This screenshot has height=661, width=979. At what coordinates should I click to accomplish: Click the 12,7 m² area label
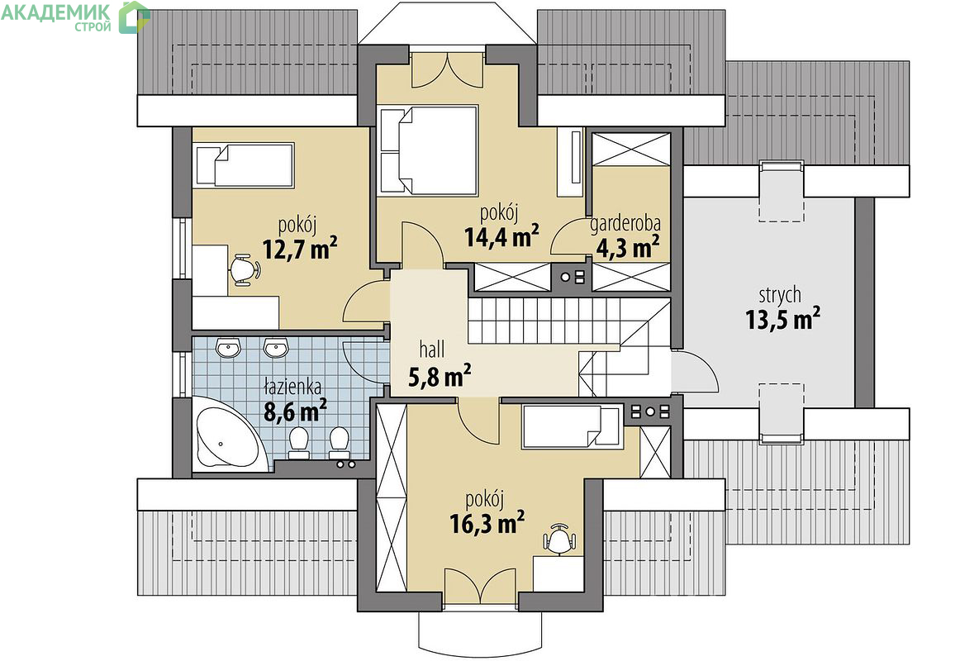coord(300,249)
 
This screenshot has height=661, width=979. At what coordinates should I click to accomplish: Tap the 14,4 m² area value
coord(502,236)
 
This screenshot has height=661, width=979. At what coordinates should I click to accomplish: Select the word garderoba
coord(625,224)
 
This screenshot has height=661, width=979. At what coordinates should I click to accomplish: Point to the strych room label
coord(780,295)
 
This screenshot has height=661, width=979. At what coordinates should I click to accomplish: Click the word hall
coord(432,349)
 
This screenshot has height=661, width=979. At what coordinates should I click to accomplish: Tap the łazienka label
coord(292,387)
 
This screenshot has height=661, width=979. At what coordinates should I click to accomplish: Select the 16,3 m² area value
coord(487,523)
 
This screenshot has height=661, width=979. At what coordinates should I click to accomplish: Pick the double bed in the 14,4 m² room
coord(428,150)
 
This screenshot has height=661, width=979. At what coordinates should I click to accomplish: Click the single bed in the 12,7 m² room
coord(244,164)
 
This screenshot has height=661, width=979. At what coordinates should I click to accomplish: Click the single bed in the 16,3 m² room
coord(573,427)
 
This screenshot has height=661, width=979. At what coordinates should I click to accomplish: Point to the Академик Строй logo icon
coord(134,17)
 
